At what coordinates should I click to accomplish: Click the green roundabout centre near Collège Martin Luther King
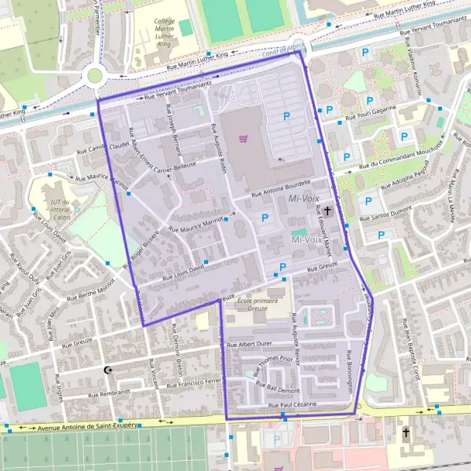pos(95,76)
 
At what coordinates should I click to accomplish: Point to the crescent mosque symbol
pos(108,370)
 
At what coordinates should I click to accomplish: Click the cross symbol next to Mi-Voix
pos(328,210)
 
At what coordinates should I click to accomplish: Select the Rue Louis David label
pos(183,272)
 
